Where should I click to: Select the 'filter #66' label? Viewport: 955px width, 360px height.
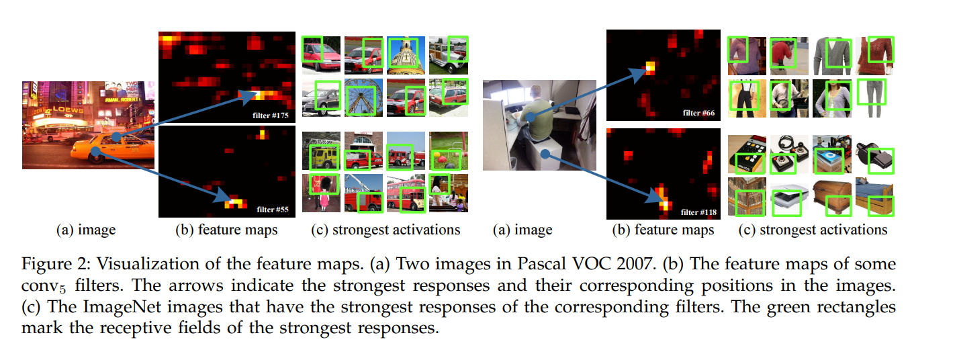(698, 113)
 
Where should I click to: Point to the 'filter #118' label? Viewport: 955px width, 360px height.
(698, 212)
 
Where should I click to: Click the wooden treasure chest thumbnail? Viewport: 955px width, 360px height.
(831, 198)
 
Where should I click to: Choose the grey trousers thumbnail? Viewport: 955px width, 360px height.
(872, 98)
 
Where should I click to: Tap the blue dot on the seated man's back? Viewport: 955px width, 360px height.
(531, 118)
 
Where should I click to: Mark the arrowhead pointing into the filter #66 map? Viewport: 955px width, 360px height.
(645, 70)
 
